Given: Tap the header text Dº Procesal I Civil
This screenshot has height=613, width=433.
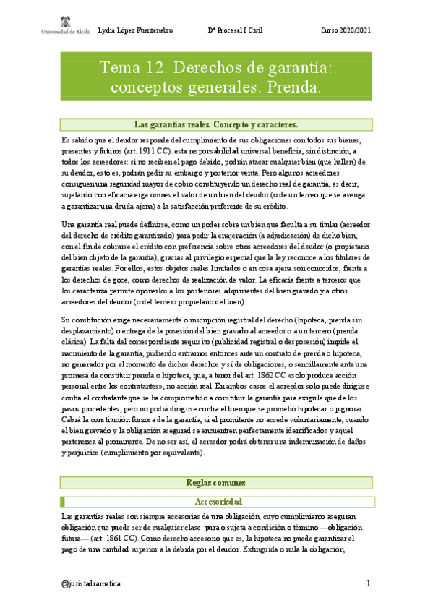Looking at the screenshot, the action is (236, 30).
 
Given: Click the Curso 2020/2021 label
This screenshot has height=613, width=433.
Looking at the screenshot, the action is (346, 30).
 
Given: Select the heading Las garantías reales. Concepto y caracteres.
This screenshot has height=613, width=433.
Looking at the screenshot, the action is (216, 124).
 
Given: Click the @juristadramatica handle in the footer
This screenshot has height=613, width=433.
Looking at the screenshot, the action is (92, 583).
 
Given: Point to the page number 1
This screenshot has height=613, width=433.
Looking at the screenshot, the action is (368, 583).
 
